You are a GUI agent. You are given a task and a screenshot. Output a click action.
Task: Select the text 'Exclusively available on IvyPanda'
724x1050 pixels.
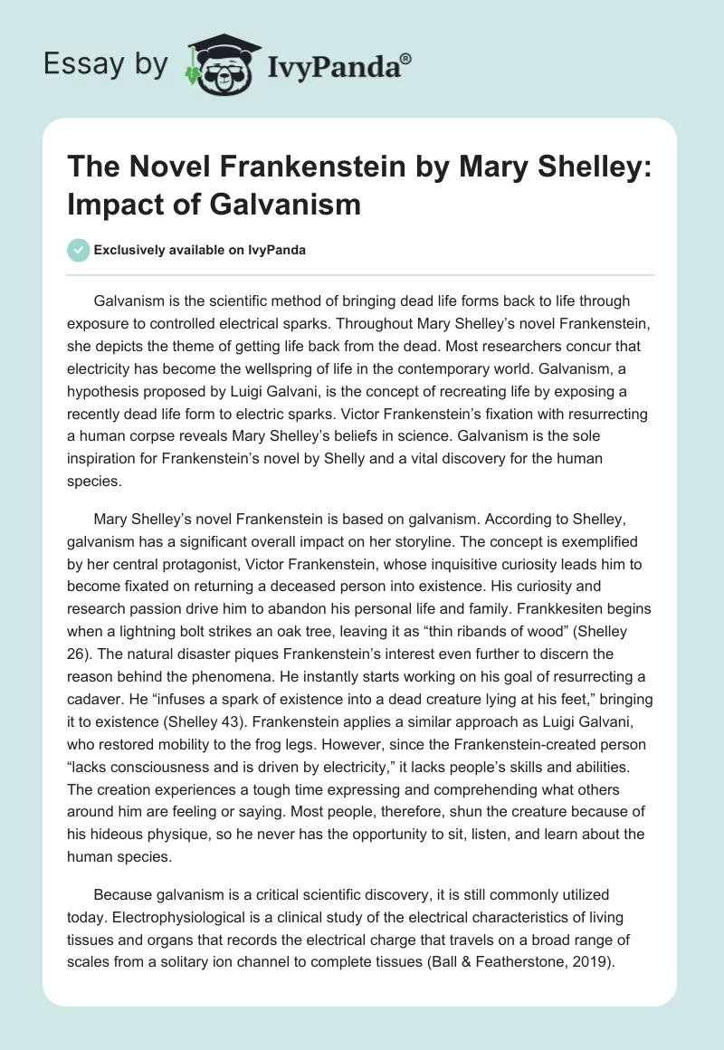pos(199,250)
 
